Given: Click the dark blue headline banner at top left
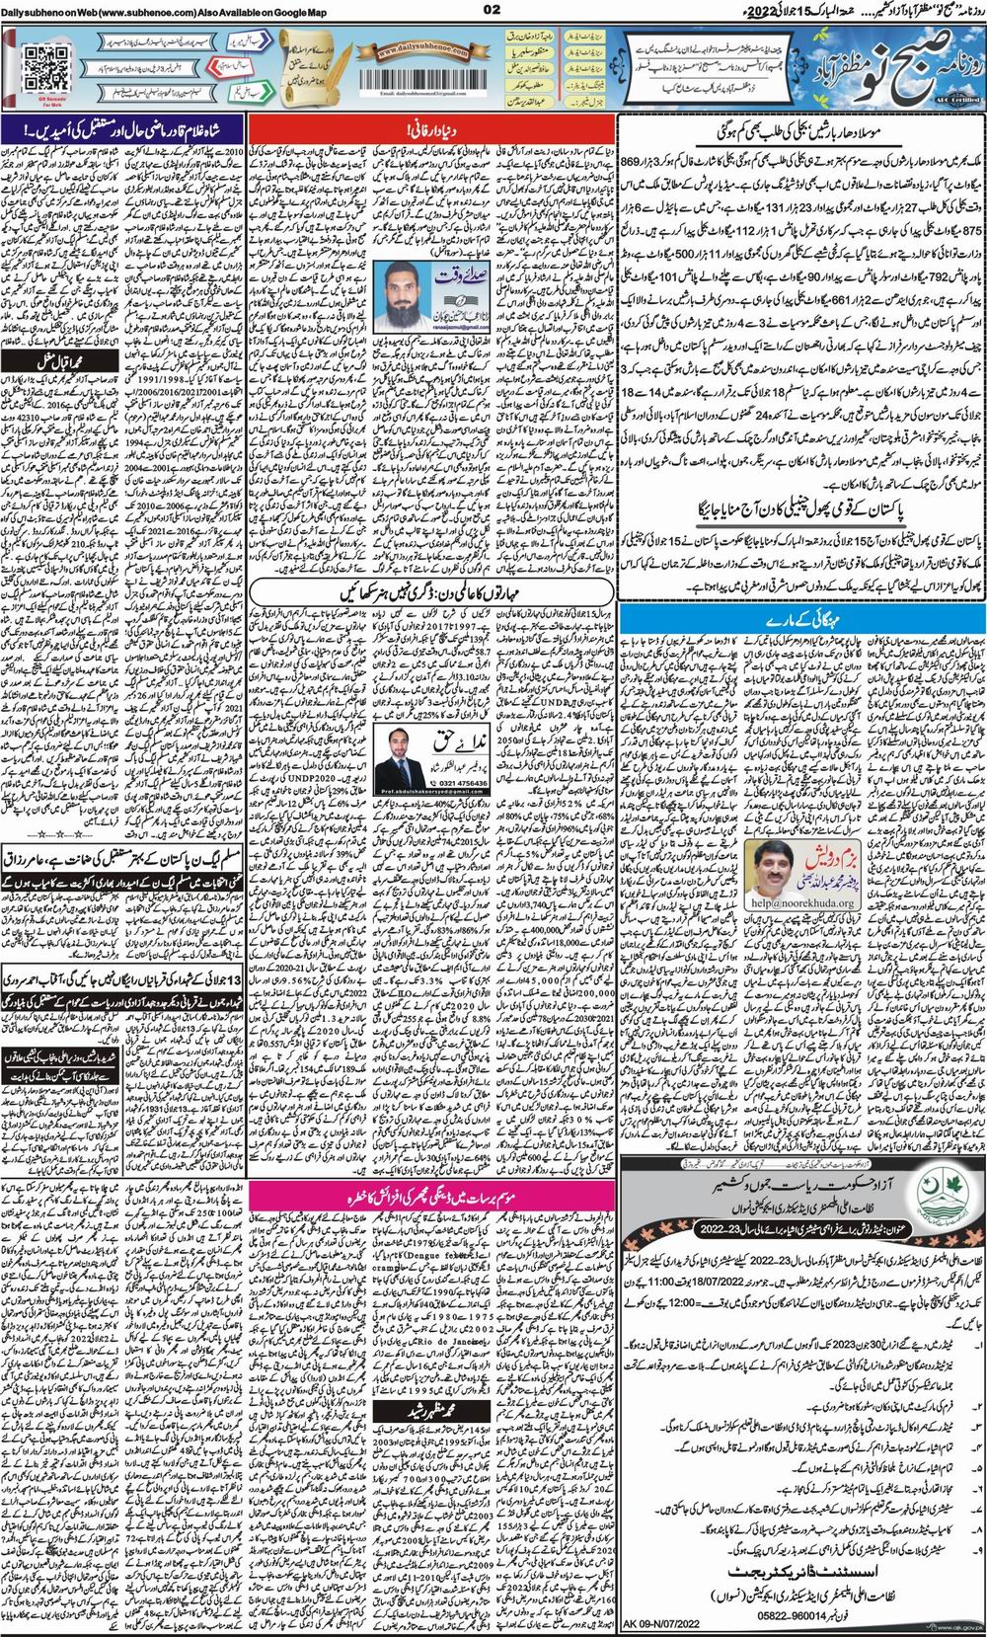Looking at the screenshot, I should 123,129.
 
